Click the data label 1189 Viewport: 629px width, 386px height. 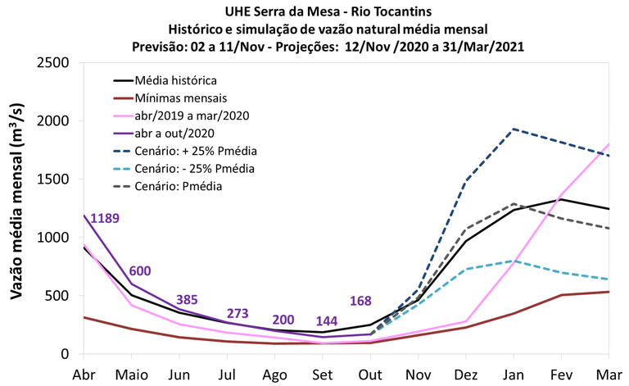(x=106, y=218)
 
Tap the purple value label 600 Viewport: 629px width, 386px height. (x=140, y=271)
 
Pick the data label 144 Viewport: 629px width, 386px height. (x=327, y=320)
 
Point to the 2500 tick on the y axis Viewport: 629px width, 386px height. (x=56, y=62)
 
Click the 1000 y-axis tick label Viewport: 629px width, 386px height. (x=56, y=238)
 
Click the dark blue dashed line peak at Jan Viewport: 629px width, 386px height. (x=513, y=129)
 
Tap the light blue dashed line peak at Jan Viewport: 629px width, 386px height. (x=513, y=261)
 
